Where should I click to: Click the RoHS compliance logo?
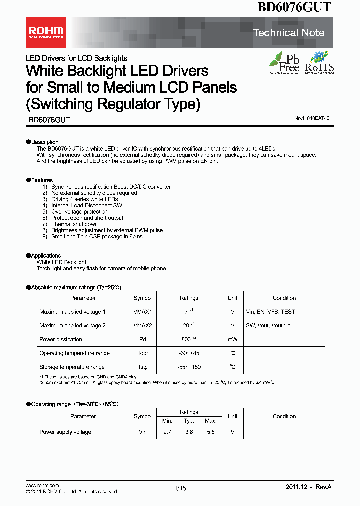[319, 63]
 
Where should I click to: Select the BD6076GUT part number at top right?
[294, 7]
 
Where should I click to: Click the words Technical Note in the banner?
[289, 33]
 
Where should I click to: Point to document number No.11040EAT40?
[311, 119]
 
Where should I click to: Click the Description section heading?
[45, 142]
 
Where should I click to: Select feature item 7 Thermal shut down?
[74, 224]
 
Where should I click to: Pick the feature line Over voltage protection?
[79, 212]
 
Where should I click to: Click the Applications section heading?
[46, 256]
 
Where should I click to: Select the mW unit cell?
[232, 339]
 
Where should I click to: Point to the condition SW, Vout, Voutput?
[268, 326]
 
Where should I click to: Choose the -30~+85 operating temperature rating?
[189, 353]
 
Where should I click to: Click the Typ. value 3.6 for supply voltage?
[189, 432]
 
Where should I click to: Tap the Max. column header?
[210, 421]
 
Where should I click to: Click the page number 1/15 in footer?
[180, 488]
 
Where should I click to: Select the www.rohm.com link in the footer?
[42, 485]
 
